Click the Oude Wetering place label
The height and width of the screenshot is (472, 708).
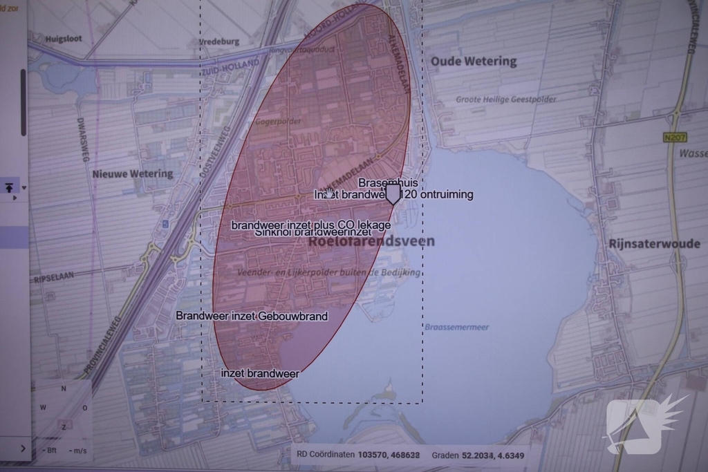pyautogui.click(x=474, y=62)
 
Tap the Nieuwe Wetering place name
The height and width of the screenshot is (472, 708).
pyautogui.click(x=133, y=173)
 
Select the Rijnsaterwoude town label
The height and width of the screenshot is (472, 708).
pyautogui.click(x=655, y=244)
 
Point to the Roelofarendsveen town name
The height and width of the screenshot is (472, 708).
pyautogui.click(x=372, y=241)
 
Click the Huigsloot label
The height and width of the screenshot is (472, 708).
pyautogui.click(x=64, y=39)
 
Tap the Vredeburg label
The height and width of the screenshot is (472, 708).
pyautogui.click(x=219, y=41)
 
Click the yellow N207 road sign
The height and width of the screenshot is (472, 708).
pyautogui.click(x=674, y=138)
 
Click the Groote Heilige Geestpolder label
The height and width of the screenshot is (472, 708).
pyautogui.click(x=505, y=100)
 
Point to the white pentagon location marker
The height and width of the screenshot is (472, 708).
pyautogui.click(x=392, y=193)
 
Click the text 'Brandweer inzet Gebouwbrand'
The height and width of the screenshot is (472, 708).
pyautogui.click(x=252, y=316)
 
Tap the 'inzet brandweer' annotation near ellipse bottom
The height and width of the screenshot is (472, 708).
pyautogui.click(x=260, y=373)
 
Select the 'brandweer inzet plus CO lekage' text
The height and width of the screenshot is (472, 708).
pyautogui.click(x=310, y=225)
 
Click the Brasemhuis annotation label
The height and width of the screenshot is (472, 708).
pyautogui.click(x=387, y=182)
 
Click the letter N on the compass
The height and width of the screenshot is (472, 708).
pyautogui.click(x=64, y=388)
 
